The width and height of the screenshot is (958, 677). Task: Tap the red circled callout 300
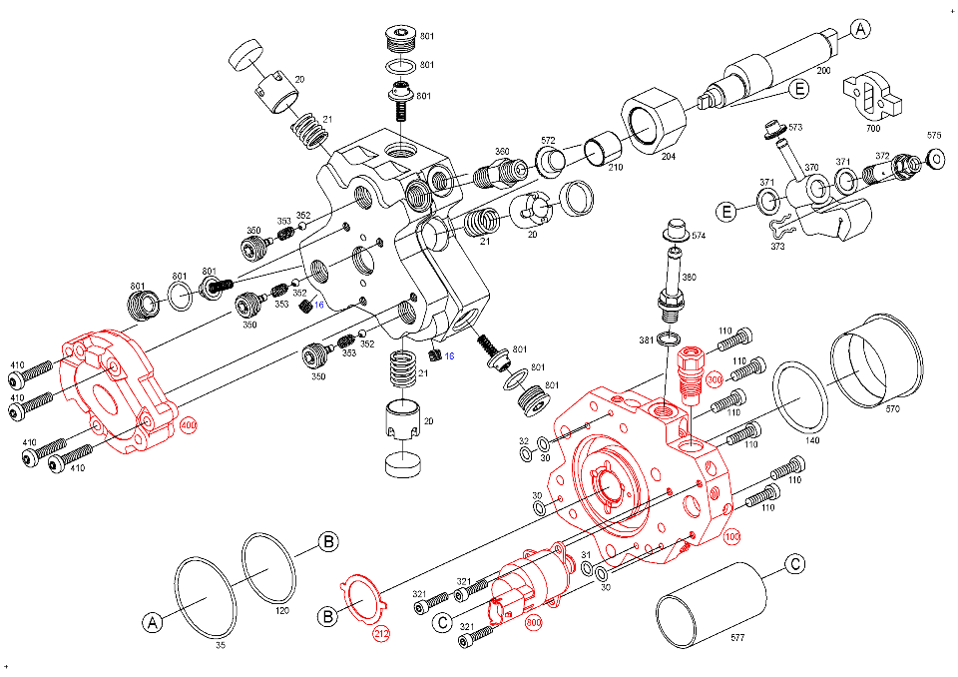coord(714,380)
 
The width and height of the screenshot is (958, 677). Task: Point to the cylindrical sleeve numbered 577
coord(713,602)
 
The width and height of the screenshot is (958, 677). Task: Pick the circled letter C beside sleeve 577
coord(794,564)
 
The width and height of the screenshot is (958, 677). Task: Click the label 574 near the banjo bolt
coord(699,237)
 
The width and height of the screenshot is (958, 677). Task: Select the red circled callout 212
coord(381,633)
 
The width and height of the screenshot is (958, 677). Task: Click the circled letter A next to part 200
coord(861,30)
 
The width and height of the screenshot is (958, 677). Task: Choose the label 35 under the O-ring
coord(222,646)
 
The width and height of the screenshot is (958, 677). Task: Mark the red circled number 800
coord(534,621)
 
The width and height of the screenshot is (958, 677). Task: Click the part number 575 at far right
coord(934,135)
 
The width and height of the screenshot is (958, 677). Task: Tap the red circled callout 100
coord(731,537)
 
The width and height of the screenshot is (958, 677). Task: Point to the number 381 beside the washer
coord(647,340)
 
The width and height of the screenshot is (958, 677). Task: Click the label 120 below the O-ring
coord(281,610)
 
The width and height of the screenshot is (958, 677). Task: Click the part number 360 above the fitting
coord(502,151)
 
